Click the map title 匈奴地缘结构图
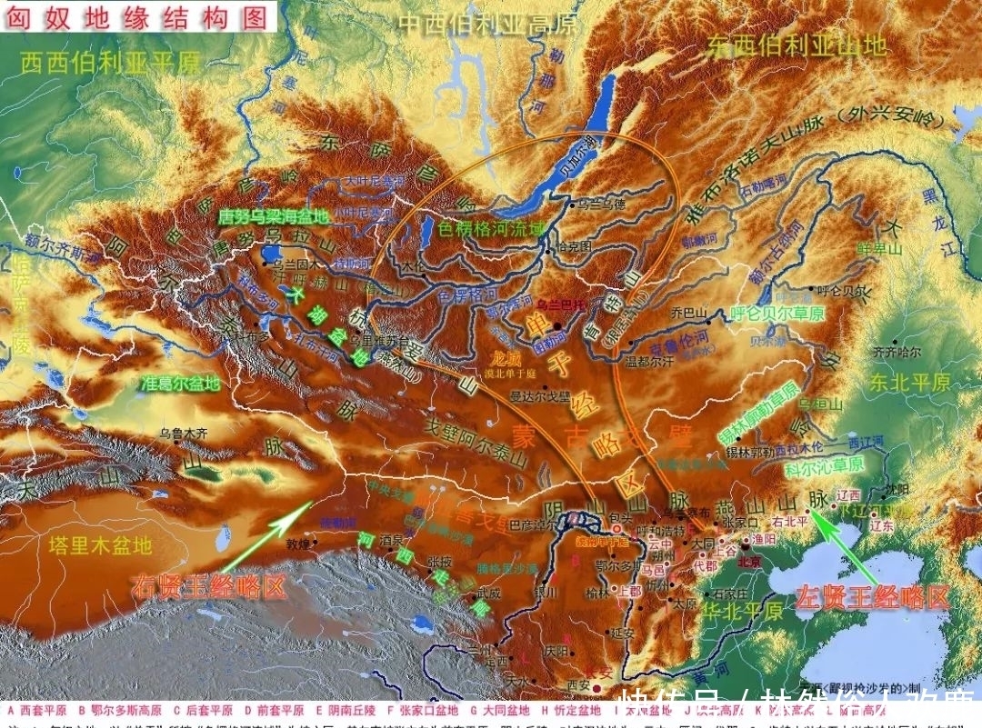[137, 16]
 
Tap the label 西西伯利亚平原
[110, 63]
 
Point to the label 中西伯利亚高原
[489, 25]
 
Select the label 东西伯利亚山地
[797, 45]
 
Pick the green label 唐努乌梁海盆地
[273, 217]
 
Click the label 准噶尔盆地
[181, 384]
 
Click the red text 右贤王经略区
[208, 586]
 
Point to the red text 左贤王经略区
[872, 597]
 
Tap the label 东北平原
[909, 381]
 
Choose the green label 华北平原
[742, 609]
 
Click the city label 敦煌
[298, 545]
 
